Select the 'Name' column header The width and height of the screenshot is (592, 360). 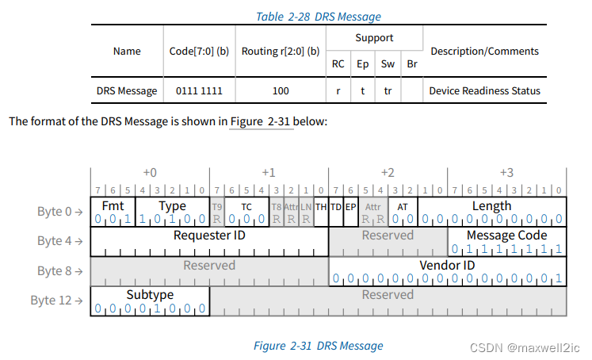pyautogui.click(x=127, y=51)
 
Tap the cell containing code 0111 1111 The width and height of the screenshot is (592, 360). pyautogui.click(x=199, y=90)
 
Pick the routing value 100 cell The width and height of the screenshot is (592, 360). pyautogui.click(x=280, y=90)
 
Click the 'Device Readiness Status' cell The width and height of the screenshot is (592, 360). pyautogui.click(x=484, y=90)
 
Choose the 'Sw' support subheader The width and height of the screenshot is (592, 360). pyautogui.click(x=388, y=64)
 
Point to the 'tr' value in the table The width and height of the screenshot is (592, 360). pyautogui.click(x=388, y=90)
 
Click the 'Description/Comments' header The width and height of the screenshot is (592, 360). pyautogui.click(x=484, y=51)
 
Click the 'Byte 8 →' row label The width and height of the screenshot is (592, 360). pyautogui.click(x=60, y=271)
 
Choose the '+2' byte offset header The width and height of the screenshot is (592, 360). pyautogui.click(x=388, y=173)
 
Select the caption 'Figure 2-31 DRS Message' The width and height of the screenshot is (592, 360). pyautogui.click(x=318, y=346)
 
